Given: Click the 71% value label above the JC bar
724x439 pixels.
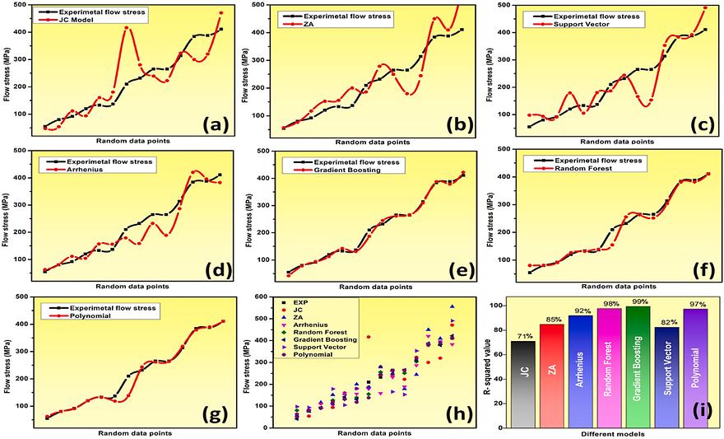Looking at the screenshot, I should click(x=522, y=334).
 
